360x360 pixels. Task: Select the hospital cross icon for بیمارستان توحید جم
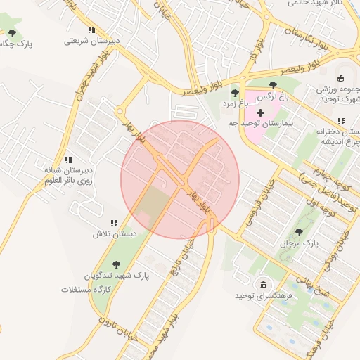(x=260, y=112)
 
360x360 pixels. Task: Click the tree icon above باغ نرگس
(x=273, y=85)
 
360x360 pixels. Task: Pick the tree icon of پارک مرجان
(x=300, y=231)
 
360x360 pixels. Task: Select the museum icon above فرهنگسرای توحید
(x=263, y=285)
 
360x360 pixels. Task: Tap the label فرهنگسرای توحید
(x=263, y=297)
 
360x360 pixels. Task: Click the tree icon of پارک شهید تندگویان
(x=117, y=264)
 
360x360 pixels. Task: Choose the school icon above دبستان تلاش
(x=114, y=223)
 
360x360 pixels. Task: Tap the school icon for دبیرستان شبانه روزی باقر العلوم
(x=68, y=160)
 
